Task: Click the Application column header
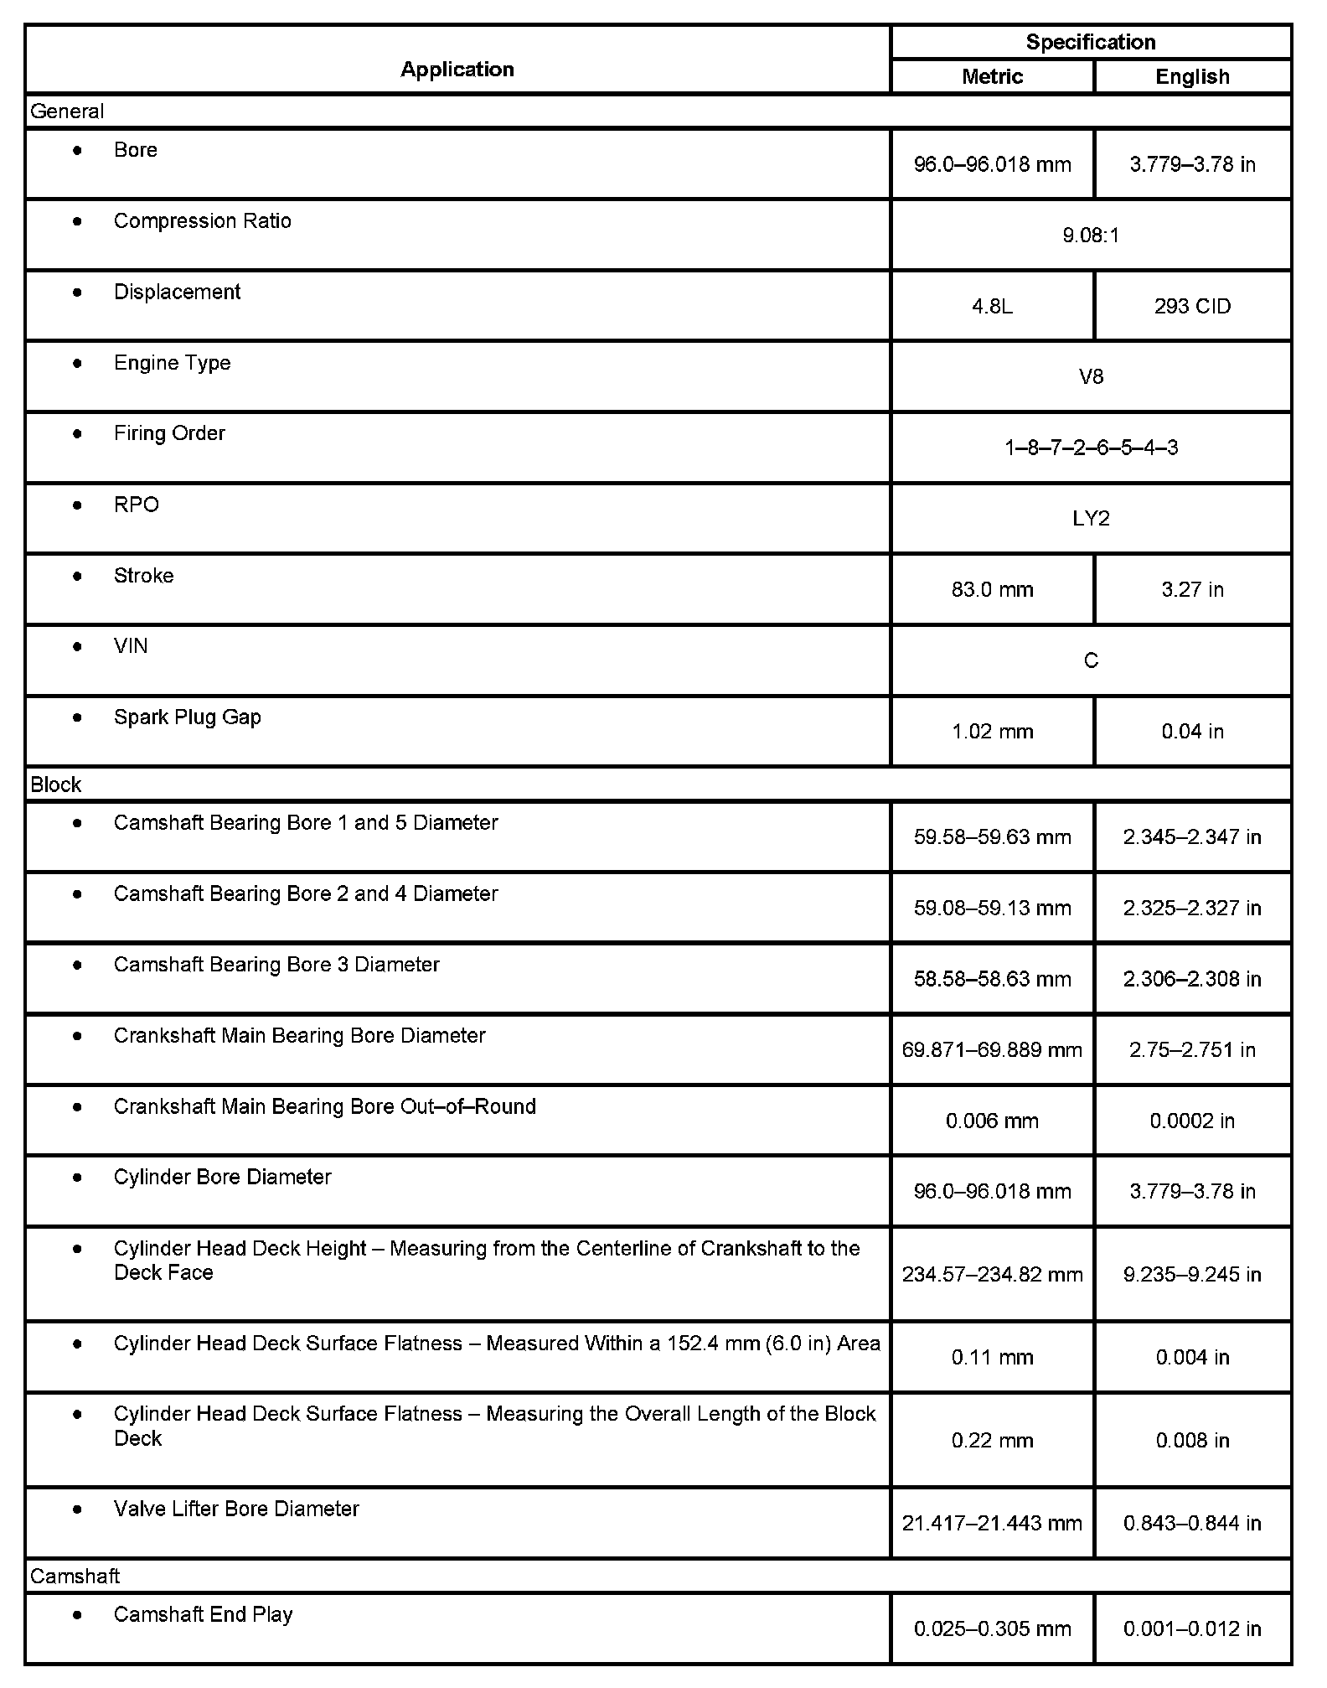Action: [x=457, y=69]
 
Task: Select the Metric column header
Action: [x=992, y=77]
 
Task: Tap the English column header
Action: [x=1192, y=77]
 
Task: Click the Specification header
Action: [x=1090, y=42]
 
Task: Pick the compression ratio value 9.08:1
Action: [x=1090, y=236]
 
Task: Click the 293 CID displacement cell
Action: [x=1192, y=307]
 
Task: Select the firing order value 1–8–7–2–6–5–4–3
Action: [x=1091, y=448]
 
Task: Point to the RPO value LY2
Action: [x=1091, y=519]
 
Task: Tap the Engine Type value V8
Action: [x=1091, y=377]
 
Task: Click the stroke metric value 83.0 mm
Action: [x=992, y=590]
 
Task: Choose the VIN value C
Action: [x=1091, y=661]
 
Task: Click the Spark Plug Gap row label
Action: [x=187, y=717]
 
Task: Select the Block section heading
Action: [x=56, y=784]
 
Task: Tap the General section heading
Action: [x=67, y=111]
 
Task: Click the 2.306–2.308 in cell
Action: [x=1192, y=979]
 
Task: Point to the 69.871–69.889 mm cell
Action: [x=992, y=1050]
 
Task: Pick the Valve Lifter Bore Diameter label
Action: [x=236, y=1509]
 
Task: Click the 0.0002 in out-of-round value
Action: [x=1192, y=1121]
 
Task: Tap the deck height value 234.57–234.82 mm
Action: [x=992, y=1275]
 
